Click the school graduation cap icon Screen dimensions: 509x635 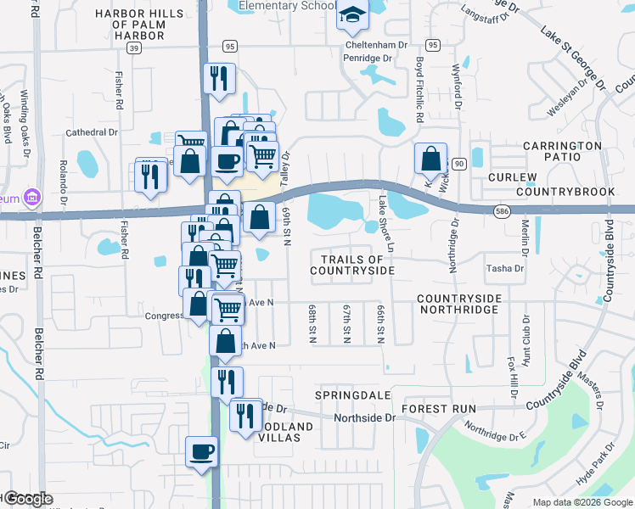point(351,17)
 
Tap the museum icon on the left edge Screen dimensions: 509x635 point(32,197)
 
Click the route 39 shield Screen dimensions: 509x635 point(134,48)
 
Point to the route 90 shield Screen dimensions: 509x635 point(459,163)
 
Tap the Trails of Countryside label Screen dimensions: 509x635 point(352,265)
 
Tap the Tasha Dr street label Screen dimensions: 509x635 point(504,268)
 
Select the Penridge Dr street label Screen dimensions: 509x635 point(366,59)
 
